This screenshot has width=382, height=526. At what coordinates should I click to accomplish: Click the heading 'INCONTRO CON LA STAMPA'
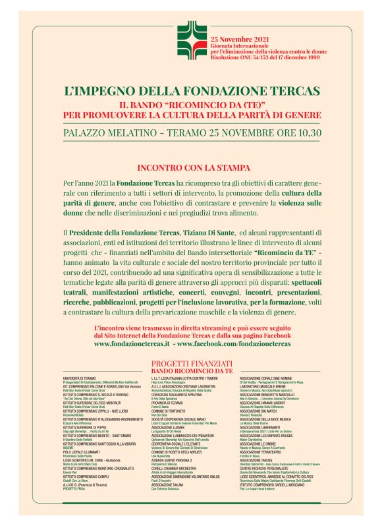191,167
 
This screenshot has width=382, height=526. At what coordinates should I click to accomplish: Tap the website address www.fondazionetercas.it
132,343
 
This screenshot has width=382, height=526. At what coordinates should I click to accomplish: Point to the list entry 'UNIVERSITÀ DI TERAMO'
80,378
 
